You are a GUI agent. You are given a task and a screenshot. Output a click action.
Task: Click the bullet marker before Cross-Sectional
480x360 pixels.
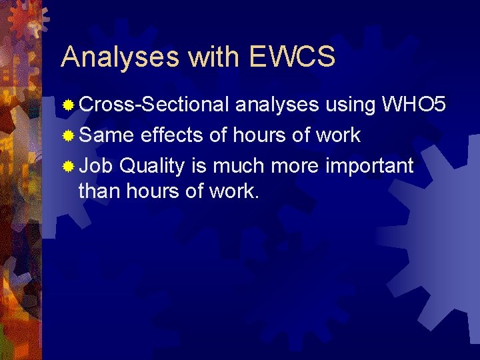point(69,105)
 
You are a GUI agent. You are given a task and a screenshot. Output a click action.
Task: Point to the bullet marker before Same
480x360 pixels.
point(69,136)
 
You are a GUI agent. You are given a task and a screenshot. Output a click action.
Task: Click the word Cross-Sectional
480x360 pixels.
point(155,105)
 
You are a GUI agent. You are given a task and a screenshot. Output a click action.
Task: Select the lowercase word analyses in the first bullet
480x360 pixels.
point(278,105)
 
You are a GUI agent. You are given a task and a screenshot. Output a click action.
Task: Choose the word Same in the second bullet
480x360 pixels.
point(106,135)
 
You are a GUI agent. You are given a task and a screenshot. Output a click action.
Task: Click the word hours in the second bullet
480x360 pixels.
point(259,135)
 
